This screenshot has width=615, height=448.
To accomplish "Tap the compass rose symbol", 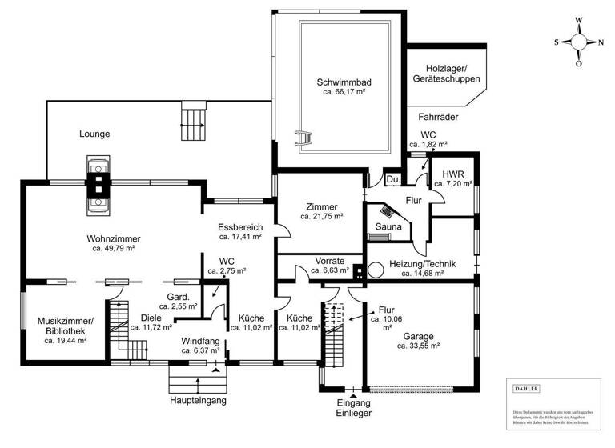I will click(x=579, y=42).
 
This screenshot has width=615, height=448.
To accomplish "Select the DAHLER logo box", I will click(x=526, y=388).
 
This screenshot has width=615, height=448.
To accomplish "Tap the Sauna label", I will click(x=388, y=226).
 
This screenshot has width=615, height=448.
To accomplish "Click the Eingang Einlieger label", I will click(x=354, y=408).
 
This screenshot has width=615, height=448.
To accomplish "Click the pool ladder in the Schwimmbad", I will click(x=303, y=138).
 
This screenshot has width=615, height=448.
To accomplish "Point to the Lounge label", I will click(x=94, y=134).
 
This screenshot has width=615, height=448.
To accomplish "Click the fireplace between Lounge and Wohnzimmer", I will click(x=98, y=185).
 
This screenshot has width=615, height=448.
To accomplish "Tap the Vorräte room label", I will click(x=329, y=261).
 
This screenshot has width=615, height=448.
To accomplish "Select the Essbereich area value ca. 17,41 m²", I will click(x=241, y=237).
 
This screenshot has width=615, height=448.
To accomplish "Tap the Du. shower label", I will click(x=392, y=180).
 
